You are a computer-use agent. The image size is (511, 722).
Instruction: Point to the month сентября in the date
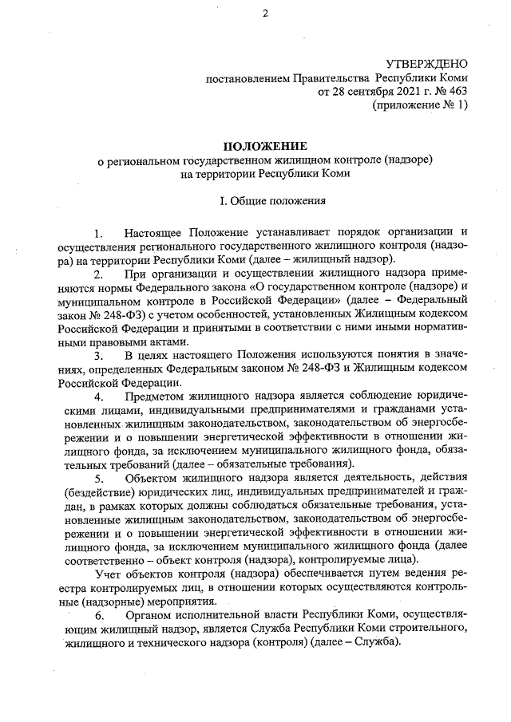[x=357, y=92]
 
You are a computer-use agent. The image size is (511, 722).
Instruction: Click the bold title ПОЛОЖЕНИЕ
[x=265, y=145]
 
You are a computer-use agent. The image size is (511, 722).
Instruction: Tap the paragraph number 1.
[x=98, y=235]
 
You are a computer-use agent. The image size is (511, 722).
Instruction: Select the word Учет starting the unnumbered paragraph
[x=109, y=575]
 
